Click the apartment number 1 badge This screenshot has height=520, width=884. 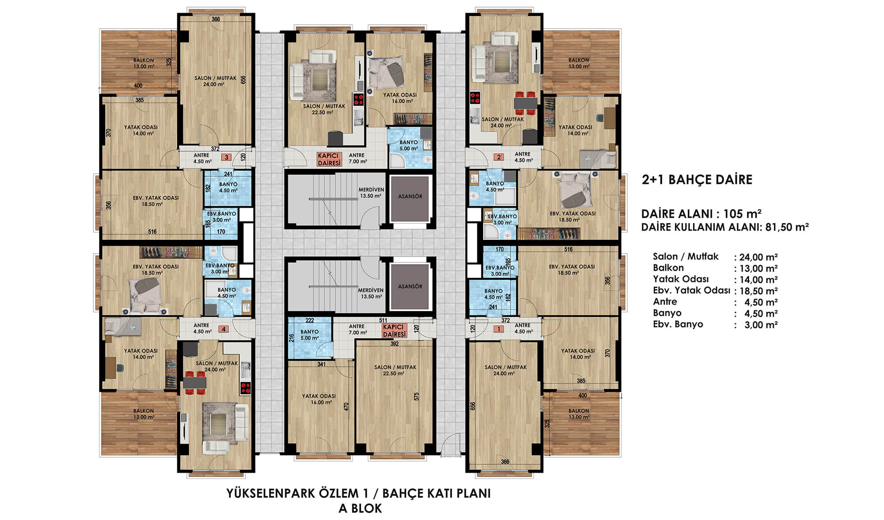point(499,329)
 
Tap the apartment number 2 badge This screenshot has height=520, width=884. point(499,157)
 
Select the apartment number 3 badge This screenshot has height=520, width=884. point(227,157)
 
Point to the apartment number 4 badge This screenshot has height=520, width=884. point(224,329)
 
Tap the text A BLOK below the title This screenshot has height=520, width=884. point(360,508)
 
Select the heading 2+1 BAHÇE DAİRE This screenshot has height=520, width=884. point(697,180)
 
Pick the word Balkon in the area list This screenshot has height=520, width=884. point(668,268)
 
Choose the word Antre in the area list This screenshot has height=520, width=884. point(665,301)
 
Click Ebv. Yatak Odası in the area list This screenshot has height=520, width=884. point(691,290)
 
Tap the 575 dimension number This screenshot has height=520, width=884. point(416,396)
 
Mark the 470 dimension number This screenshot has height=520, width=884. point(347,407)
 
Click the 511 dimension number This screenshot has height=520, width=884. point(383,320)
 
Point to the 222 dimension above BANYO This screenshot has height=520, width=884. point(310,320)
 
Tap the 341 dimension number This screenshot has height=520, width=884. point(322,364)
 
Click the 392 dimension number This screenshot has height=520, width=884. point(395,344)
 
